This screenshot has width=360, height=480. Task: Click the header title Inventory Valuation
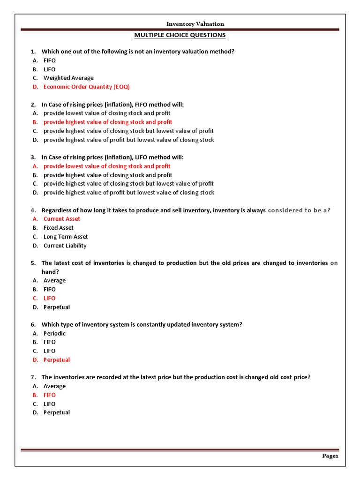[x=195, y=24]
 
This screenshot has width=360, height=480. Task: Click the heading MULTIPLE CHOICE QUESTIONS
[x=180, y=35]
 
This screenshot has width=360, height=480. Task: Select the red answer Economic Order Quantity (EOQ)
[x=86, y=87]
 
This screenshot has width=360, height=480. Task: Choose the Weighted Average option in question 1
[x=68, y=78]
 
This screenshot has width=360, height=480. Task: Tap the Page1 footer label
[x=330, y=456]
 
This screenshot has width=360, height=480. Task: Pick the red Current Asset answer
[x=61, y=219]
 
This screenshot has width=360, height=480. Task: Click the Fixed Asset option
[x=58, y=228]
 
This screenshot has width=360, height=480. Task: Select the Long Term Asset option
[x=65, y=237]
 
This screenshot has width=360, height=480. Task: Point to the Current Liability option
[x=65, y=246]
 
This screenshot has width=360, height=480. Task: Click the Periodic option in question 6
[x=54, y=333]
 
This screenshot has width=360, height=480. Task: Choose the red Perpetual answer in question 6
[x=56, y=360]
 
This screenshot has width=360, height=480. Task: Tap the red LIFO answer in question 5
[x=49, y=298]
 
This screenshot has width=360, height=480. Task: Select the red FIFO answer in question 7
[x=49, y=395]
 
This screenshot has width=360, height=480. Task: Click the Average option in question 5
[x=54, y=281]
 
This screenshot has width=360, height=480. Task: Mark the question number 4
[x=33, y=210]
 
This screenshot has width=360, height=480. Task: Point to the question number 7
[x=33, y=377]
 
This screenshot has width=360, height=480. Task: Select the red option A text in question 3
[x=107, y=166]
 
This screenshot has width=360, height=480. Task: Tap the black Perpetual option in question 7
[x=56, y=412]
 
